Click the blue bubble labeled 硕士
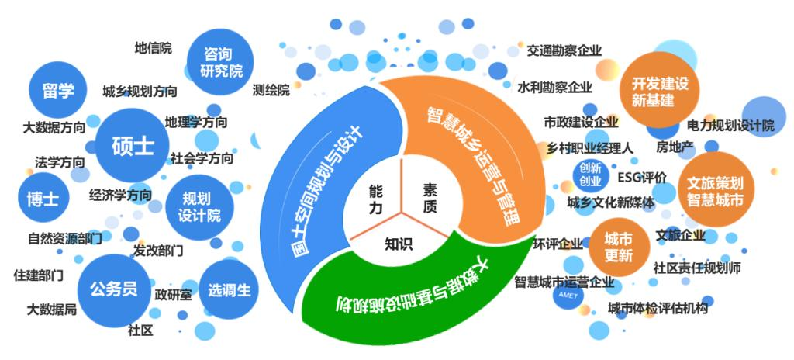pyautogui.click(x=132, y=145)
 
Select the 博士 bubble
pyautogui.click(x=43, y=197)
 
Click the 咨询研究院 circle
pyautogui.click(x=219, y=61)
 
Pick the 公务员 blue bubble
pyautogui.click(x=114, y=290)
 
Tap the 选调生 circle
pyautogui.click(x=229, y=289)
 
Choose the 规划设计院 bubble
pyautogui.click(x=199, y=207)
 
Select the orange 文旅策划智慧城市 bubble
pyautogui.click(x=715, y=190)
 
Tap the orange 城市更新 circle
pyautogui.click(x=619, y=247)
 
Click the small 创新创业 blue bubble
pyautogui.click(x=590, y=174)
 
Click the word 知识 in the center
pyautogui.click(x=399, y=244)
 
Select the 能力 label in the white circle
pyautogui.click(x=376, y=199)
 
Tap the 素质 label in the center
pyautogui.click(x=430, y=199)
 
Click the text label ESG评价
pyautogui.click(x=642, y=178)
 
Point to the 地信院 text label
pyautogui.click(x=154, y=48)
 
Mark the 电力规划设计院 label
pyautogui.click(x=730, y=125)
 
